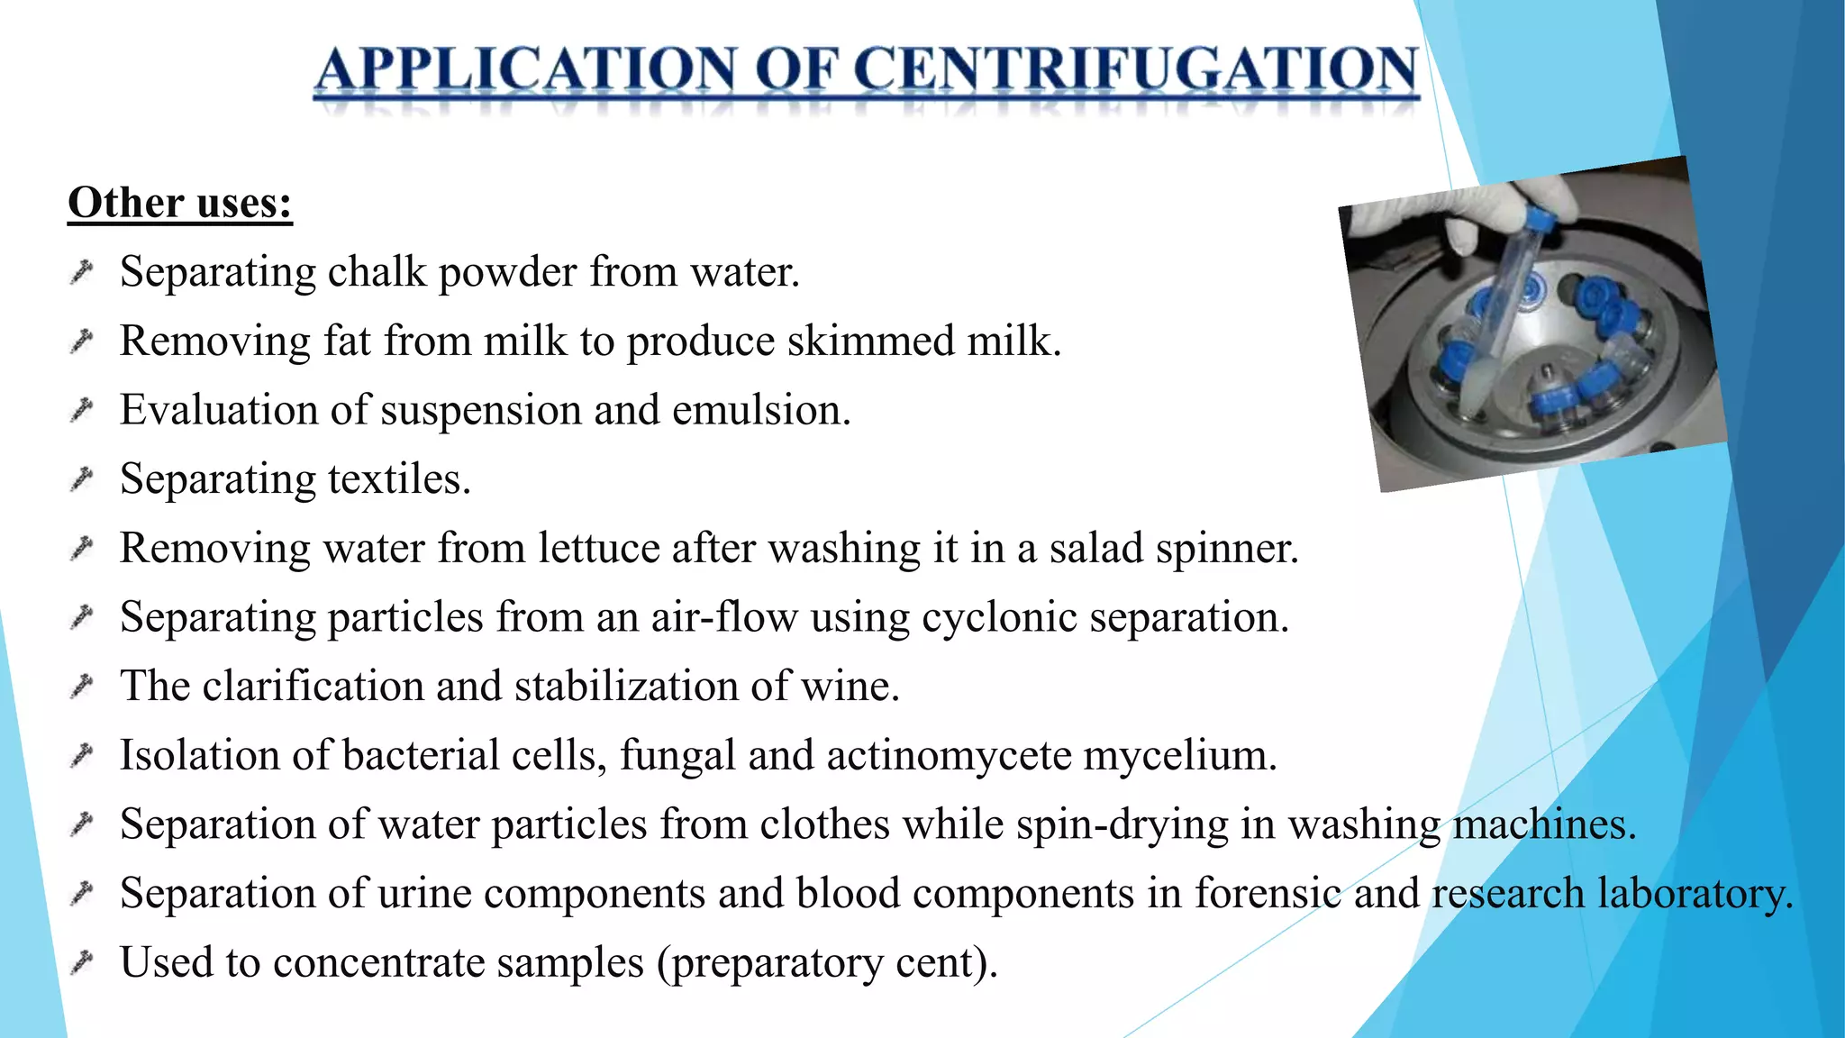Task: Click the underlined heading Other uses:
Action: pos(180,203)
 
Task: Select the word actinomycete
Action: pos(949,755)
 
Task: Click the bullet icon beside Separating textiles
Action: pos(82,478)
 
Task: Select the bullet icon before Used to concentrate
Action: pos(82,962)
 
